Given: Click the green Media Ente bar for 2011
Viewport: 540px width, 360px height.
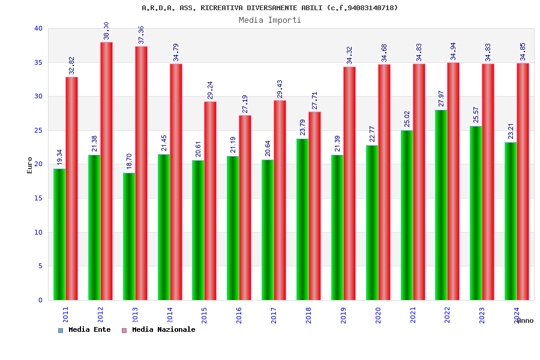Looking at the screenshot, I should point(59,234).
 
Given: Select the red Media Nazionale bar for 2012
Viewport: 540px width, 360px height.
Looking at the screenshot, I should point(106,171).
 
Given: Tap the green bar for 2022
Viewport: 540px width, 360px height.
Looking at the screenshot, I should point(441,205).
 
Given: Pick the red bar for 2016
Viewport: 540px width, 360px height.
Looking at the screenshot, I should point(245,207).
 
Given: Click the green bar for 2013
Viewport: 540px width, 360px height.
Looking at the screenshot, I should point(129,236).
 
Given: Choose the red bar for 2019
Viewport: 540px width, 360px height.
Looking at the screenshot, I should point(349,183).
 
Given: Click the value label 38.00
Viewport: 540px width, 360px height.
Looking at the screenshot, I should point(106,31).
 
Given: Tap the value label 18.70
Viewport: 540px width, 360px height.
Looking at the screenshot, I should point(128,163).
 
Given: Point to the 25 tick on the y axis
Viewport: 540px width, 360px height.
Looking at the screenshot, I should point(38,130).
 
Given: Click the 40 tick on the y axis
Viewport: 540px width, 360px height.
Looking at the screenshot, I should point(38,28).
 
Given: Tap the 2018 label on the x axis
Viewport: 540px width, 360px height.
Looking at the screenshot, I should point(308,315).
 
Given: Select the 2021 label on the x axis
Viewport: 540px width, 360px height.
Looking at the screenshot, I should point(413,315).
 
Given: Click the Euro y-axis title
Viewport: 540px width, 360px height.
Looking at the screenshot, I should point(30,165).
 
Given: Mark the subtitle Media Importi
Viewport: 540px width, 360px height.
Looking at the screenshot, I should point(270,20).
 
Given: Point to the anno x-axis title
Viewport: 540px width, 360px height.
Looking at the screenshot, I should point(525,320).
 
